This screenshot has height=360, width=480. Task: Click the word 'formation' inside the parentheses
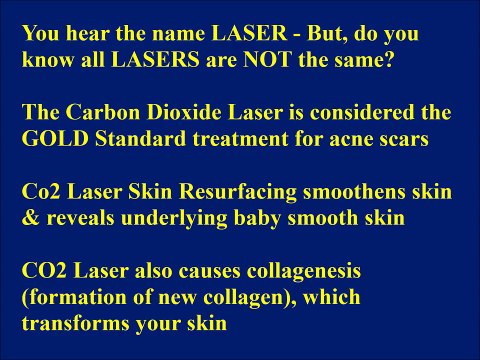pos(73,296)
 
